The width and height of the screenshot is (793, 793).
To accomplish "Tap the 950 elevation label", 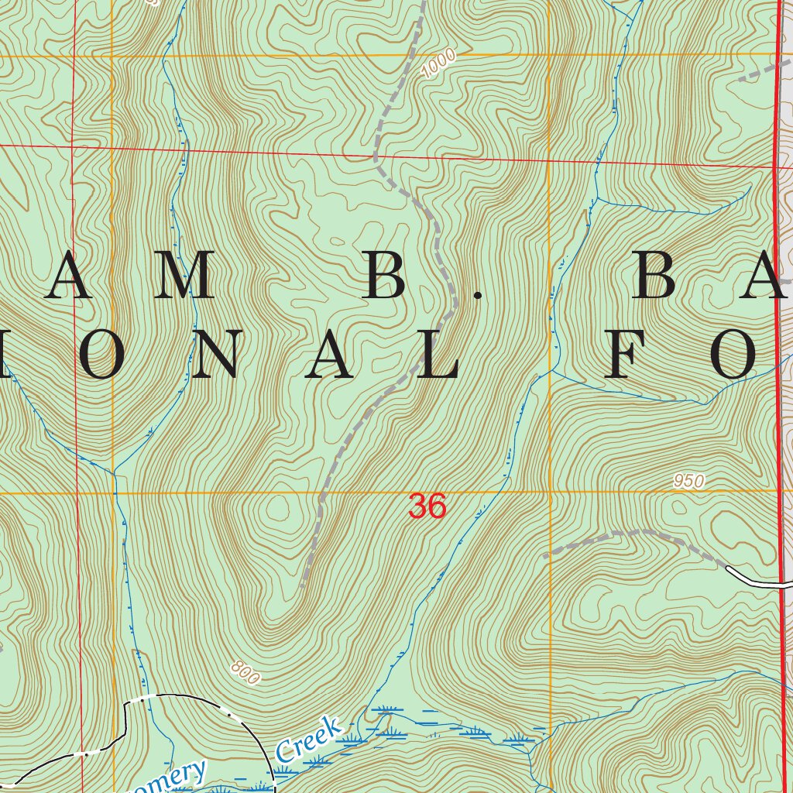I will (x=688, y=481).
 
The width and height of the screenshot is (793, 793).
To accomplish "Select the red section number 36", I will (x=427, y=506).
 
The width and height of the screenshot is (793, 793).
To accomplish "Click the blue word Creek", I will (x=308, y=741).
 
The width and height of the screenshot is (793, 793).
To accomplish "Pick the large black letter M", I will (x=184, y=276).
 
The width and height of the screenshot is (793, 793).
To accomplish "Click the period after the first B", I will (x=478, y=295).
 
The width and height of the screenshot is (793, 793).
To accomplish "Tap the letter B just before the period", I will (x=385, y=276).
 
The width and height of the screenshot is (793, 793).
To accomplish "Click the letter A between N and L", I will (x=329, y=355).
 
